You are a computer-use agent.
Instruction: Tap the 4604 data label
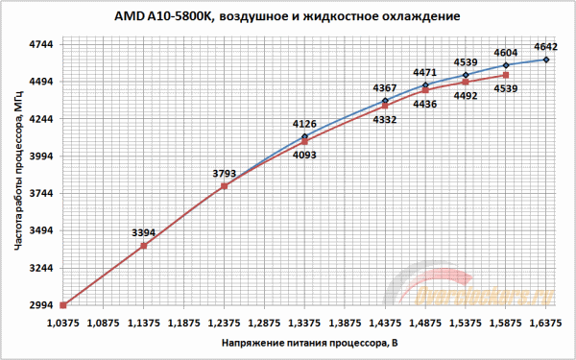(506, 53)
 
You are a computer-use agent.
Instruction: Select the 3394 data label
(143, 232)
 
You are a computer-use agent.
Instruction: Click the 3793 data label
(223, 174)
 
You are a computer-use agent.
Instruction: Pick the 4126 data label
(303, 123)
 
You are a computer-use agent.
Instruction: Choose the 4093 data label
(303, 154)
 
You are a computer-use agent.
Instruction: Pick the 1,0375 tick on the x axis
(62, 323)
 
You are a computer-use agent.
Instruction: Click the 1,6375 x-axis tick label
(545, 323)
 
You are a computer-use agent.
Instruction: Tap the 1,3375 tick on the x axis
(303, 323)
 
